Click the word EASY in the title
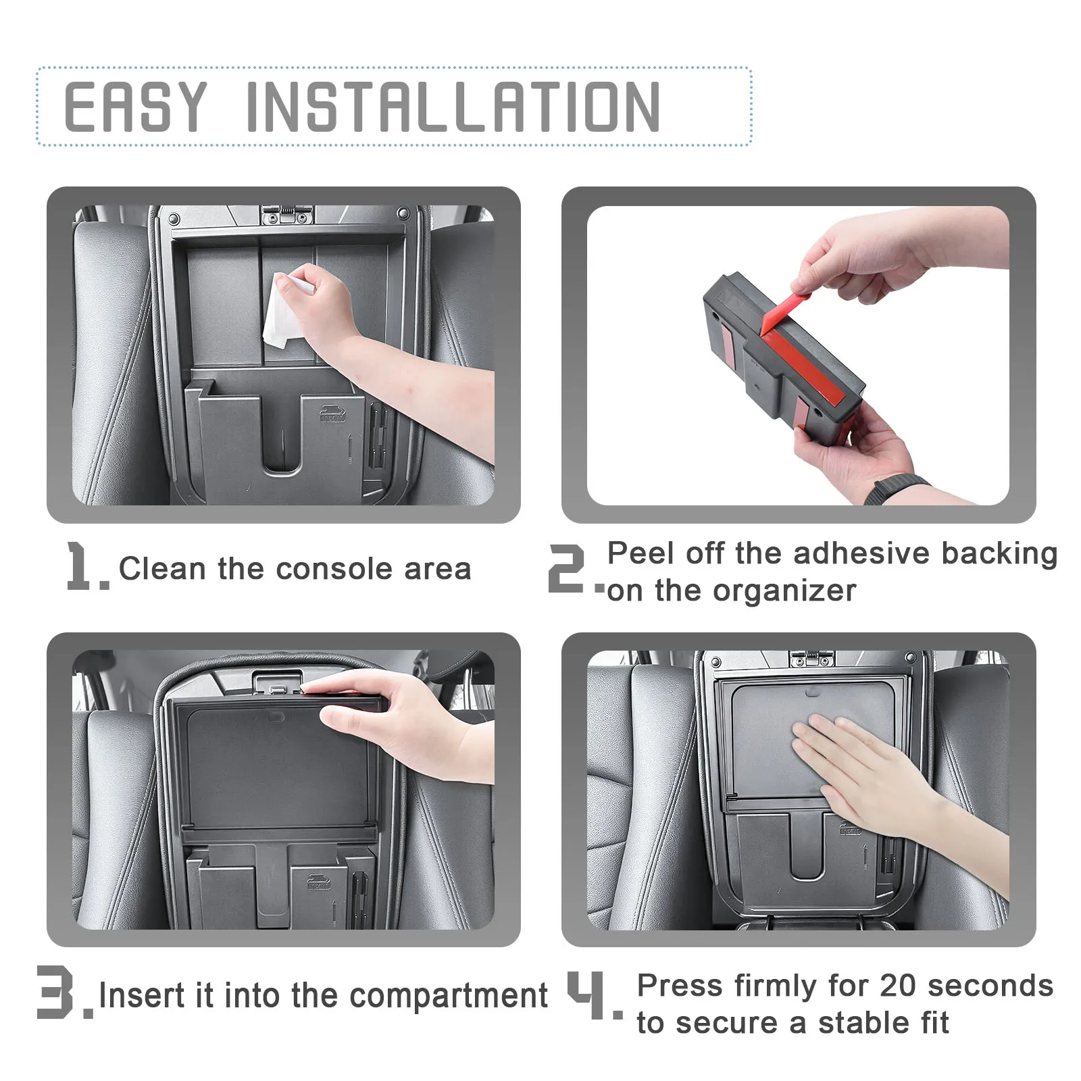pos(135,106)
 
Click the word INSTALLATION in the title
pos(453,106)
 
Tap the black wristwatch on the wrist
pos(896,488)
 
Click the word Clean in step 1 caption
pos(163,568)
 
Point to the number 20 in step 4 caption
pos(898,986)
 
